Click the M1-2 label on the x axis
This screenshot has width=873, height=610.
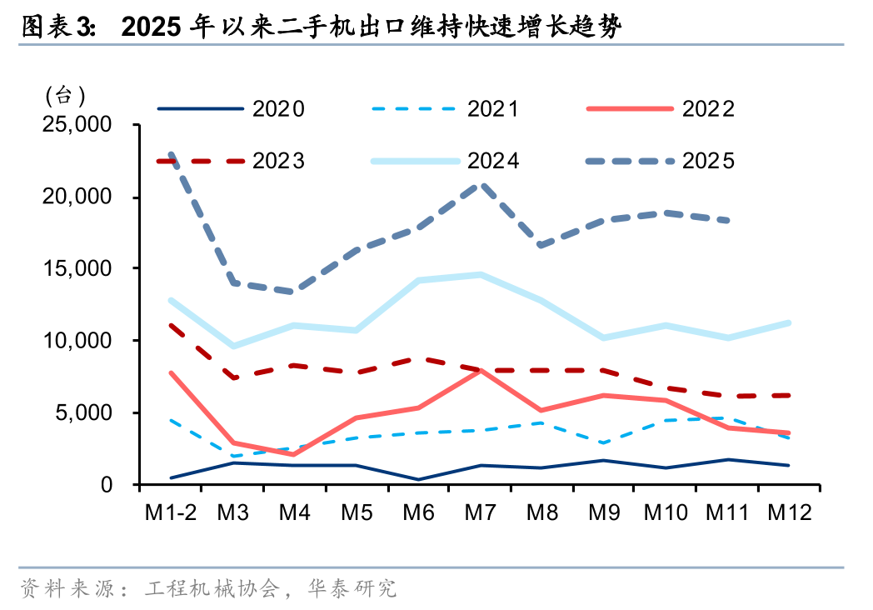(x=170, y=512)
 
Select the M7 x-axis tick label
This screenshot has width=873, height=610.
(x=480, y=512)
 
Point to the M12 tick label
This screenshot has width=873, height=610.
(x=789, y=512)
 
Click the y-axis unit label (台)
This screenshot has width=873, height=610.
(x=66, y=95)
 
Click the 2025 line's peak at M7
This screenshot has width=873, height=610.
(x=481, y=185)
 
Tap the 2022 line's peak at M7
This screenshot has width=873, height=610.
(x=481, y=370)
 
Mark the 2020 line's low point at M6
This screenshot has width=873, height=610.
(x=418, y=479)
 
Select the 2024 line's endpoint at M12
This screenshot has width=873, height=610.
(x=788, y=322)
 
